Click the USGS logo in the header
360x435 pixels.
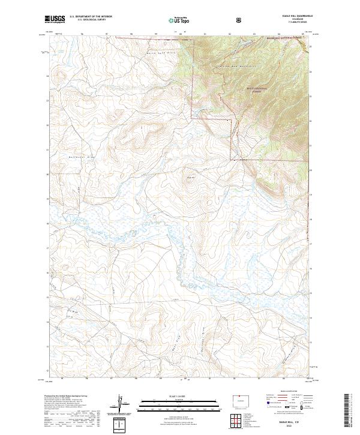click(55, 19)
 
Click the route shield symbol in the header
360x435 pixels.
click(240, 19)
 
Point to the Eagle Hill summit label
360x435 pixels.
click(191, 176)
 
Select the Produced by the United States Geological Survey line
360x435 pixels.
click(66, 397)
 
